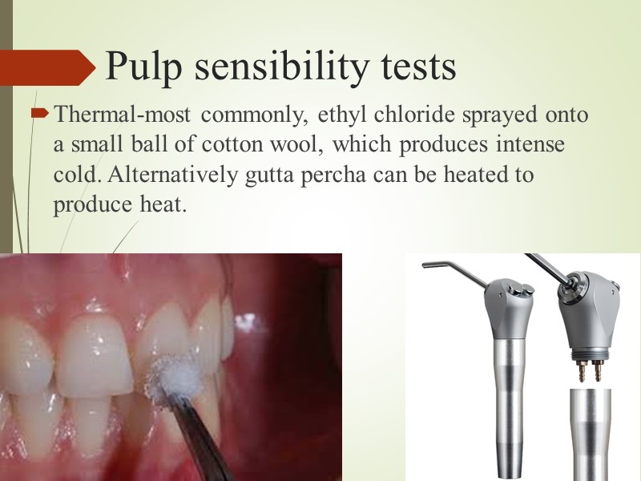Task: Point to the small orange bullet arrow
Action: click(38, 116)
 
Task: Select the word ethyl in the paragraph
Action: click(335, 115)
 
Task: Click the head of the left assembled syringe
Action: click(512, 301)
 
